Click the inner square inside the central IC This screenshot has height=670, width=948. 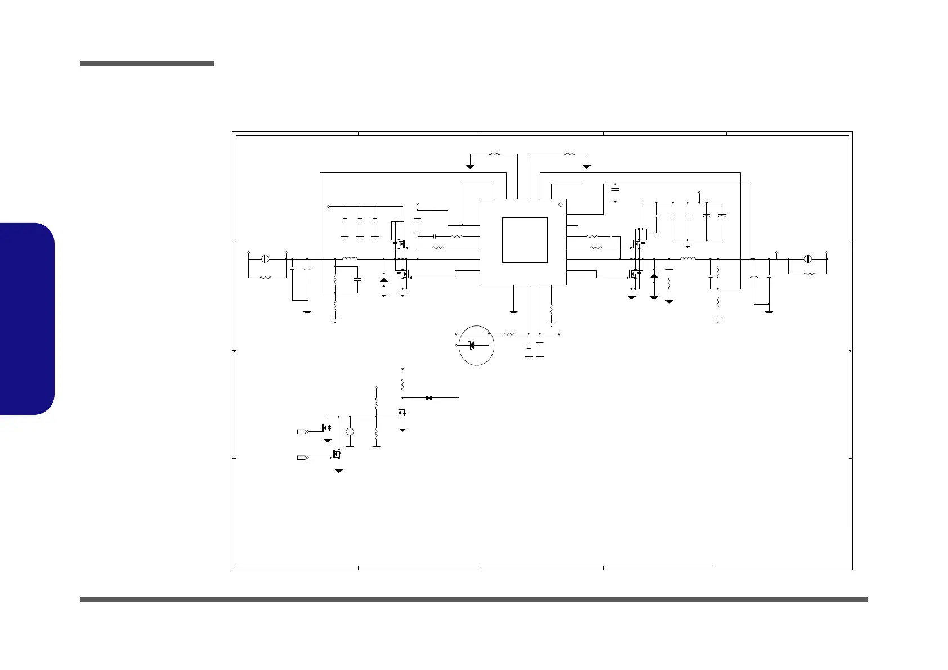524,240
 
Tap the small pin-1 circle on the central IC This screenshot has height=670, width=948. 560,204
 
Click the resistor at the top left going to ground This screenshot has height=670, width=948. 494,153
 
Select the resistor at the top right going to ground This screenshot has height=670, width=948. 569,153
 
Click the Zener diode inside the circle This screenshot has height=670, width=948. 472,345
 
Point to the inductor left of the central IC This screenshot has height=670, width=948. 350,258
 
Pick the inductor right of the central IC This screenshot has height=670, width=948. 687,258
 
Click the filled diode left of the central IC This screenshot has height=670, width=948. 384,279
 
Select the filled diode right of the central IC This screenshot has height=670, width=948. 654,276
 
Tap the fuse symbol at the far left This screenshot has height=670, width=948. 266,259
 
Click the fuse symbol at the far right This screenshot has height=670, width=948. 808,259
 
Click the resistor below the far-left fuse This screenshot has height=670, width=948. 266,277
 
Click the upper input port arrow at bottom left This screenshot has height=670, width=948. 303,431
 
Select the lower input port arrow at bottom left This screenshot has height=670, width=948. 303,458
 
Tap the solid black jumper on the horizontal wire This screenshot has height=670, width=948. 429,398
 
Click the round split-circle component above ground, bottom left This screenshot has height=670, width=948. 350,431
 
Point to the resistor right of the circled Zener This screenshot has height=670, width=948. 509,334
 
